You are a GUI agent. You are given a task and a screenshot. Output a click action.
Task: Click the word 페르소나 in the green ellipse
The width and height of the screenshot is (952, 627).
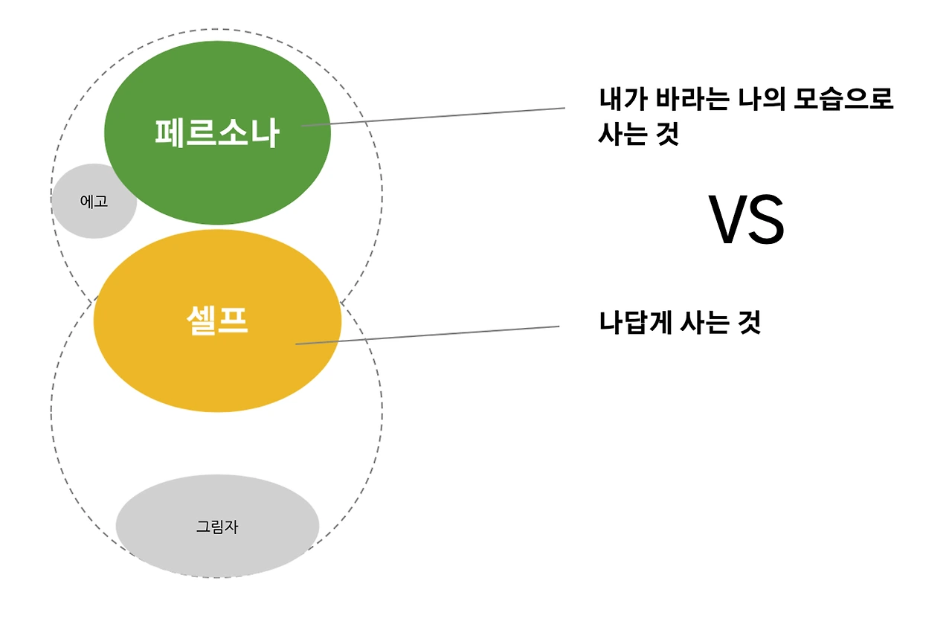[x=217, y=133]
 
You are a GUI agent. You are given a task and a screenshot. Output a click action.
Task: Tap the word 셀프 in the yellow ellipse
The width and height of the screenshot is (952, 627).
[x=216, y=321]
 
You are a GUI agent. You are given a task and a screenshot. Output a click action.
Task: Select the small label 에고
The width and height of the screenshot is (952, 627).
[x=94, y=201]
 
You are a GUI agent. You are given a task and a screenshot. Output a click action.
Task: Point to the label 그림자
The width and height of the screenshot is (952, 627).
[x=216, y=527]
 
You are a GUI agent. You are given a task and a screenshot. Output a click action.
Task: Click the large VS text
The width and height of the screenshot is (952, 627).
[x=746, y=220]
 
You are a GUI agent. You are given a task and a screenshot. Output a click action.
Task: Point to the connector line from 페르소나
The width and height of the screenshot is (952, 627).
[x=446, y=116]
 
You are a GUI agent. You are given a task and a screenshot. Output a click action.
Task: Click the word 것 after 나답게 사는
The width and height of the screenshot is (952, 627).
[x=750, y=324]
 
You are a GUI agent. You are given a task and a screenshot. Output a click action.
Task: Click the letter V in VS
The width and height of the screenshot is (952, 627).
[x=727, y=220]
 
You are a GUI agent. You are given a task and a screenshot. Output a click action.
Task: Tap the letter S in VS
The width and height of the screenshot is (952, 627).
[x=767, y=220]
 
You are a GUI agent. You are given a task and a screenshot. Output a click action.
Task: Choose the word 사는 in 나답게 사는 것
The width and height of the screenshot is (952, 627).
[x=707, y=324]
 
